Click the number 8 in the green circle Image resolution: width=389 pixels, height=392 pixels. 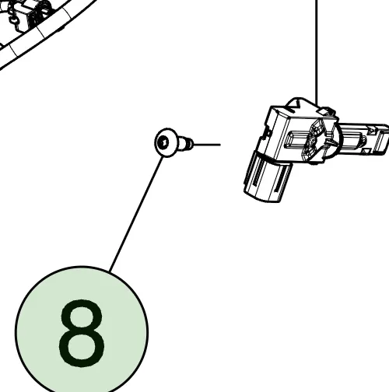pyautogui.click(x=82, y=334)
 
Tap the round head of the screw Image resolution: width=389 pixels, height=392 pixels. pyautogui.click(x=166, y=142)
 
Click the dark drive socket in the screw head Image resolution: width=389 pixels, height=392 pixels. pyautogui.click(x=164, y=142)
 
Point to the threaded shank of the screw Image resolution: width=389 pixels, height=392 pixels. pyautogui.click(x=187, y=144)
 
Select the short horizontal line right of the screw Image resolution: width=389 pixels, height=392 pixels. pyautogui.click(x=207, y=145)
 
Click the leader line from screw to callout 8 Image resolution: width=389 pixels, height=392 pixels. pyautogui.click(x=136, y=214)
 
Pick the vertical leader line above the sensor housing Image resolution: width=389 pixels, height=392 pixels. pyautogui.click(x=317, y=53)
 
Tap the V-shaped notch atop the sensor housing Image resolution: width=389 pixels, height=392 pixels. pyautogui.click(x=296, y=106)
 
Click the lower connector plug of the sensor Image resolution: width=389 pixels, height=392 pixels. pyautogui.click(x=267, y=177)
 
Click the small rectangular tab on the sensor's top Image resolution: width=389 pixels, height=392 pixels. pyautogui.click(x=325, y=110)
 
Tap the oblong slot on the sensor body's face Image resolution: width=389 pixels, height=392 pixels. pyautogui.click(x=298, y=139)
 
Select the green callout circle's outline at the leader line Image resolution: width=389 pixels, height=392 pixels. pyautogui.click(x=110, y=271)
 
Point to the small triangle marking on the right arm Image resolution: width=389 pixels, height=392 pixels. pyautogui.click(x=367, y=150)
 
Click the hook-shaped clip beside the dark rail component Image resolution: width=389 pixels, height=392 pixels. pyautogui.click(x=12, y=18)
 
